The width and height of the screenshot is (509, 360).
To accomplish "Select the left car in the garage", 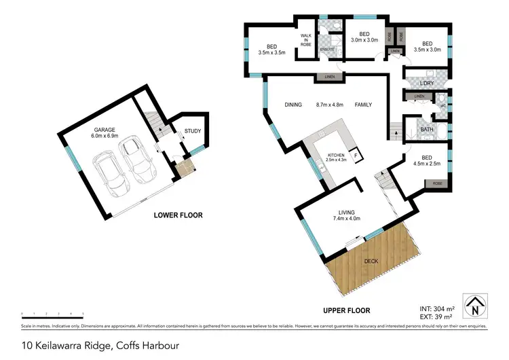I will (x=106, y=170).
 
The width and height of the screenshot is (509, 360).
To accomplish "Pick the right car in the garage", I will (x=136, y=161).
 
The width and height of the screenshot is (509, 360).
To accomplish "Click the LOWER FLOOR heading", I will (x=178, y=215).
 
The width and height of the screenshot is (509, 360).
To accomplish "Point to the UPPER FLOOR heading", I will (x=346, y=310).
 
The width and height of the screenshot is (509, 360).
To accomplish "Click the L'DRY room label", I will (x=426, y=84).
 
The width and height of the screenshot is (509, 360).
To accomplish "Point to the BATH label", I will (x=426, y=129).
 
